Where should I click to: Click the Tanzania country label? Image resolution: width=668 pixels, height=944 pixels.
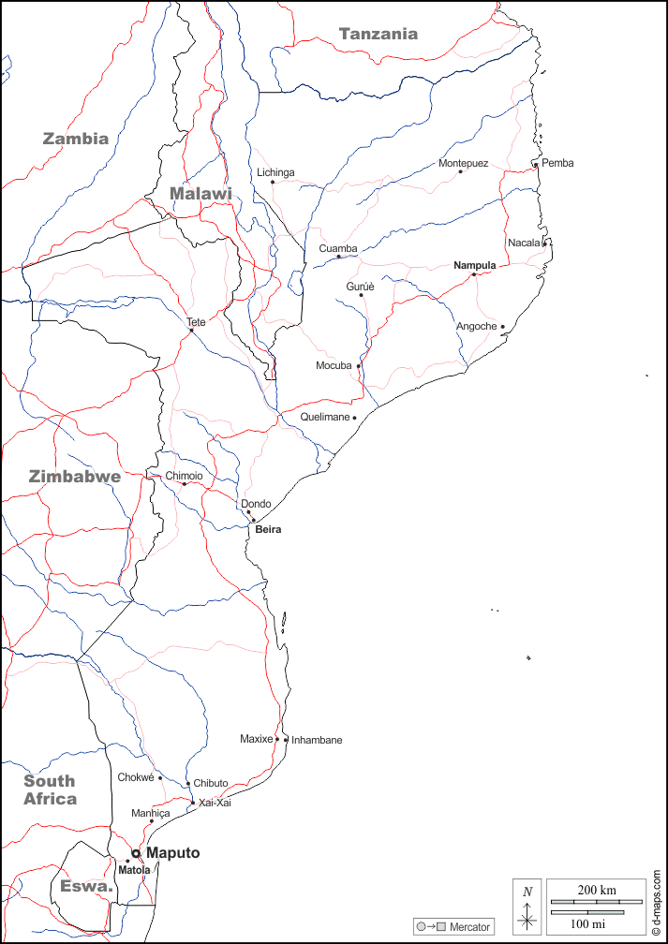pyautogui.click(x=379, y=34)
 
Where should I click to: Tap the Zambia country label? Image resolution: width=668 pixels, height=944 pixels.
pyautogui.click(x=76, y=139)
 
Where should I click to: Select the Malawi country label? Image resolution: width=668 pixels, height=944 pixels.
pyautogui.click(x=200, y=193)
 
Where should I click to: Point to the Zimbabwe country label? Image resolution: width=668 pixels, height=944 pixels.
pyautogui.click(x=75, y=476)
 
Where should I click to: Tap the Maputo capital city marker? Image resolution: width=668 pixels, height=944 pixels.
pyautogui.click(x=136, y=853)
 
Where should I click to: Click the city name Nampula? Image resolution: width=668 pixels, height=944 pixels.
pyautogui.click(x=474, y=265)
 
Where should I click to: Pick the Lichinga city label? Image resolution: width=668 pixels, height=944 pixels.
pyautogui.click(x=275, y=172)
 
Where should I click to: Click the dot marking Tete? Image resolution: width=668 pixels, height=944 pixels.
pyautogui.click(x=191, y=330)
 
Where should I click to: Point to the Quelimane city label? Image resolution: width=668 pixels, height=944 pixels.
pyautogui.click(x=324, y=417)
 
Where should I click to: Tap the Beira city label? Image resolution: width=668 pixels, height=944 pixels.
pyautogui.click(x=268, y=529)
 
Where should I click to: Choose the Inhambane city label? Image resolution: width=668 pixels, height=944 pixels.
pyautogui.click(x=317, y=740)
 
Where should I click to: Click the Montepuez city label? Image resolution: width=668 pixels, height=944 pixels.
pyautogui.click(x=463, y=163)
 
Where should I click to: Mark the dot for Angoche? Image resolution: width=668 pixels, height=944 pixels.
pyautogui.click(x=502, y=327)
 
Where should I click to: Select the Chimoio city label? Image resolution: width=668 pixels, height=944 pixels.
pyautogui.click(x=184, y=476)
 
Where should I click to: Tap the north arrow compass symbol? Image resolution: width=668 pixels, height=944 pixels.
pyautogui.click(x=527, y=907)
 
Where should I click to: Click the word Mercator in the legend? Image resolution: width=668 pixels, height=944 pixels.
pyautogui.click(x=469, y=927)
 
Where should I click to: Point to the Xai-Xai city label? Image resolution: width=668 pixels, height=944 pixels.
pyautogui.click(x=215, y=803)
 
